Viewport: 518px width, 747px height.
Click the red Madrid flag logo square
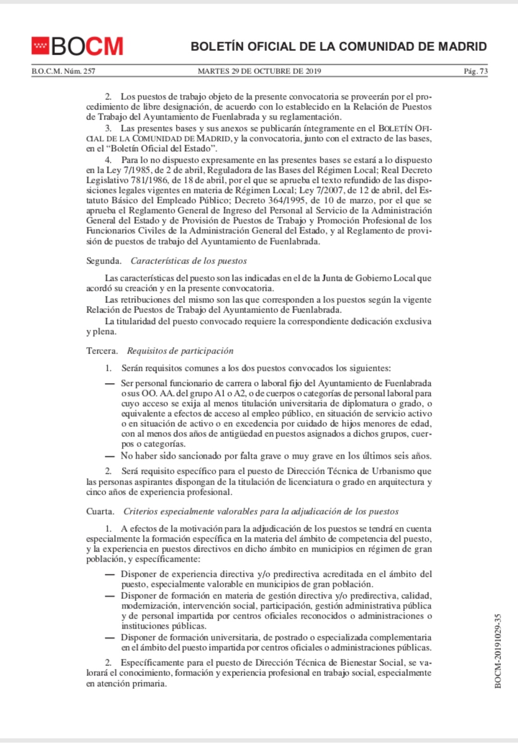[x=40, y=46]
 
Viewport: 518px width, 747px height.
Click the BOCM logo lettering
[x=87, y=46]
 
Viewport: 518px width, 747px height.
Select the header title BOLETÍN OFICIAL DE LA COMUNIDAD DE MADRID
[x=339, y=47]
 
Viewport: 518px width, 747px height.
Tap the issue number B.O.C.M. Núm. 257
[x=63, y=71]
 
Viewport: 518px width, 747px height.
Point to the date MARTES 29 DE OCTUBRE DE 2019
[x=259, y=71]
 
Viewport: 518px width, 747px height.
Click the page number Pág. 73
[x=475, y=71]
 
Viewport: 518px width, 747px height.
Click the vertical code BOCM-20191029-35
[x=497, y=651]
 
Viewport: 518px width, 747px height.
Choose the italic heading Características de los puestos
[x=188, y=261]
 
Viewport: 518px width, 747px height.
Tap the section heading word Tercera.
[x=102, y=350]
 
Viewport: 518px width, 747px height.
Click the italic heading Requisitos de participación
[x=180, y=350]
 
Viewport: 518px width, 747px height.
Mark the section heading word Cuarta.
[x=100, y=511]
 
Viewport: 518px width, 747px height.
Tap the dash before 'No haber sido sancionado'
[x=110, y=456]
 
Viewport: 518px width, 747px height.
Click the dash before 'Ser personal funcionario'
[x=110, y=384]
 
